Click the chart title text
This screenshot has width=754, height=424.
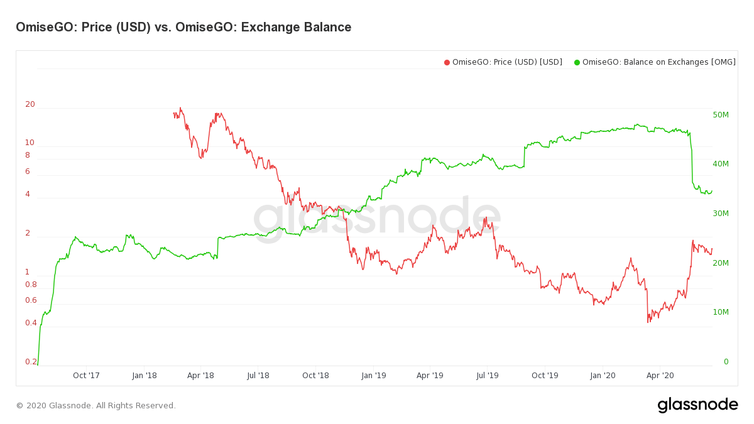tap(183, 27)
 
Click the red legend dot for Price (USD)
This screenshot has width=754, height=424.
tap(447, 62)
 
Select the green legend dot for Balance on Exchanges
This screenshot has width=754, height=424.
tap(577, 62)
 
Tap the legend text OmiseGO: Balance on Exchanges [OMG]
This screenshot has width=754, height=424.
tap(658, 62)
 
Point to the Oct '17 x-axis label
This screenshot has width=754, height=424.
tap(86, 376)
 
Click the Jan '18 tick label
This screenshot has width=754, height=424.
tap(144, 376)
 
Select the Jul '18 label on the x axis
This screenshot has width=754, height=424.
tap(258, 376)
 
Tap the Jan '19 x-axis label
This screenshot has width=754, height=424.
tap(373, 376)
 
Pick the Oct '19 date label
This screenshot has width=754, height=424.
tap(545, 376)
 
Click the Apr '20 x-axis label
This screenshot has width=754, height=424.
tap(660, 376)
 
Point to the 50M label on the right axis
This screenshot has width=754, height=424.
tap(721, 115)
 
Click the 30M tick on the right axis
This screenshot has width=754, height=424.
tap(721, 214)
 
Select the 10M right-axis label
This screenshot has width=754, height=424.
tap(721, 312)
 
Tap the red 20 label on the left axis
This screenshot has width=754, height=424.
tap(30, 104)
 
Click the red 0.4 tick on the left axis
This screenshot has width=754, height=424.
tap(31, 323)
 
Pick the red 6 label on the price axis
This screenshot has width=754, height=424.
tap(28, 171)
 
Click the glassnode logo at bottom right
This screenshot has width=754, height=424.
tap(697, 405)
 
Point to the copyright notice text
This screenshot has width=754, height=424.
tap(96, 406)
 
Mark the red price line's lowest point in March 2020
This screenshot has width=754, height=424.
tap(648, 322)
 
